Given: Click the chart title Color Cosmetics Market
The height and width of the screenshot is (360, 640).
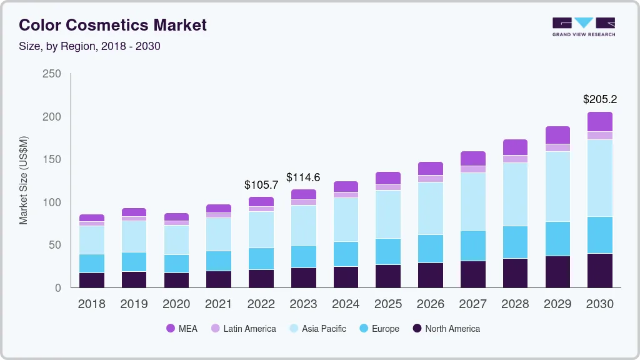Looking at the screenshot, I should coord(112,25).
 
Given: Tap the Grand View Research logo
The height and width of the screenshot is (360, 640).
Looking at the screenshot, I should coord(583,26).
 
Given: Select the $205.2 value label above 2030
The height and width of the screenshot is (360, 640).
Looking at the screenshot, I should coord(600,99).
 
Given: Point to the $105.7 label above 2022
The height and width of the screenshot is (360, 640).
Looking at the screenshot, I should coord(261,185).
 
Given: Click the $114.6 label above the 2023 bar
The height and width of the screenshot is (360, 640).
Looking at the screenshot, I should coord(303,177).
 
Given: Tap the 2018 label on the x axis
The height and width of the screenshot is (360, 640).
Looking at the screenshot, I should coord(91,304).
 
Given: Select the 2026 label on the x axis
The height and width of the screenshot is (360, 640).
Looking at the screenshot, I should coord(430,304).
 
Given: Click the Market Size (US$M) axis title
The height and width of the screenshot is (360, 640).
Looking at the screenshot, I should coord(24,180).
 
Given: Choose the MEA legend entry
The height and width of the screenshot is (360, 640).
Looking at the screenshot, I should coord(181,329).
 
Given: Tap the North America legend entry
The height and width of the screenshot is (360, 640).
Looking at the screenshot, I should coord(446,329).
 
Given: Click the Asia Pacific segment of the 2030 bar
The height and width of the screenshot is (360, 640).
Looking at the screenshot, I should coord(600,178).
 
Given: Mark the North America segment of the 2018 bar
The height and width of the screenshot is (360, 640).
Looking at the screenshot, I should coord(91,280).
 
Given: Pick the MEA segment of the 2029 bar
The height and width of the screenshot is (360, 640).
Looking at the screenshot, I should coord(557,135).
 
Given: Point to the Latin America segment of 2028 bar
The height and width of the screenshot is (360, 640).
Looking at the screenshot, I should coord(515,159).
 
